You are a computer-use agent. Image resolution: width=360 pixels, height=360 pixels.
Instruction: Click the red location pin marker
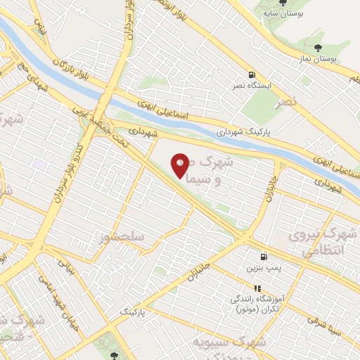(x=181, y=165)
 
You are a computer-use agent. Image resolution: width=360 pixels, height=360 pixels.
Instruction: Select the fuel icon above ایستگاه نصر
(x=250, y=75)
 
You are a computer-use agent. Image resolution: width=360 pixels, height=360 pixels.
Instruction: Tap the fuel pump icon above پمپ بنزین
(x=264, y=257)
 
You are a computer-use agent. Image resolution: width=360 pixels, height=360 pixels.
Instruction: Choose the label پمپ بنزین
(x=260, y=269)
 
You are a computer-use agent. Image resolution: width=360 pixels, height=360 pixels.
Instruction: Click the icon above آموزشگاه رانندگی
(x=257, y=288)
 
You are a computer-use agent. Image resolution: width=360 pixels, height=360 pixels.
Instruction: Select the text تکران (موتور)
(x=258, y=309)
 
